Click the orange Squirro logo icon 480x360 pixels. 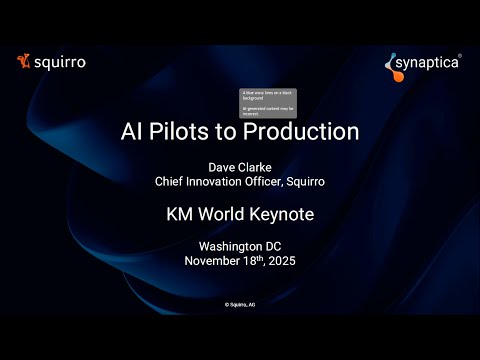22,62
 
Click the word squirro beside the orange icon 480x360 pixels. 58,62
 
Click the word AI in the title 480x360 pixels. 133,131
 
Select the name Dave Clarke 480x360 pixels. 240,167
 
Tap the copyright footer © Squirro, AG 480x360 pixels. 240,302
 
